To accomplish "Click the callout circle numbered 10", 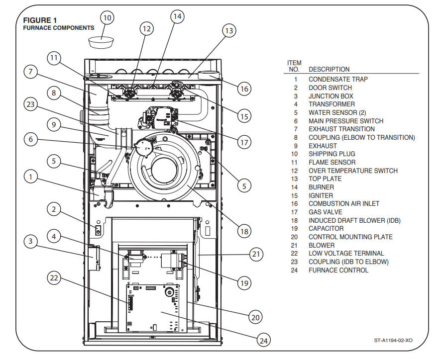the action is (x=108, y=18).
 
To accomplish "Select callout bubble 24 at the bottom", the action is (x=263, y=341).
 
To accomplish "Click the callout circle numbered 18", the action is (x=244, y=231).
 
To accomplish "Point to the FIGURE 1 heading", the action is (x=40, y=20).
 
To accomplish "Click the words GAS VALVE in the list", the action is (x=326, y=212).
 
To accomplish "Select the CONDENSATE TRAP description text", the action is (x=338, y=79).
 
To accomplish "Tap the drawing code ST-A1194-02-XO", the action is (x=393, y=340).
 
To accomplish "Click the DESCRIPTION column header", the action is (x=329, y=70).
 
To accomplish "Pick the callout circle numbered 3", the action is (x=31, y=241).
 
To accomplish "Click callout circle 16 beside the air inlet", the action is (x=244, y=89).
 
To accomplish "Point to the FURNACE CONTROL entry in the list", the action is (x=338, y=270).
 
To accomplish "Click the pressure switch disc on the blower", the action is (x=142, y=147).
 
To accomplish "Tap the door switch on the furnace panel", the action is (x=98, y=230).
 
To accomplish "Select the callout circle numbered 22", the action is (x=54, y=278).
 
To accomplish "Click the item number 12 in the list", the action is (x=294, y=171).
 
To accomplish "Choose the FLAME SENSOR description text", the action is (x=332, y=163).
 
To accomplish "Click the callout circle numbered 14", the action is (x=178, y=16).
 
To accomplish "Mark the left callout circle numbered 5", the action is (x=54, y=161).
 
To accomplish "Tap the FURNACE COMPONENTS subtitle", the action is (x=59, y=28).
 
